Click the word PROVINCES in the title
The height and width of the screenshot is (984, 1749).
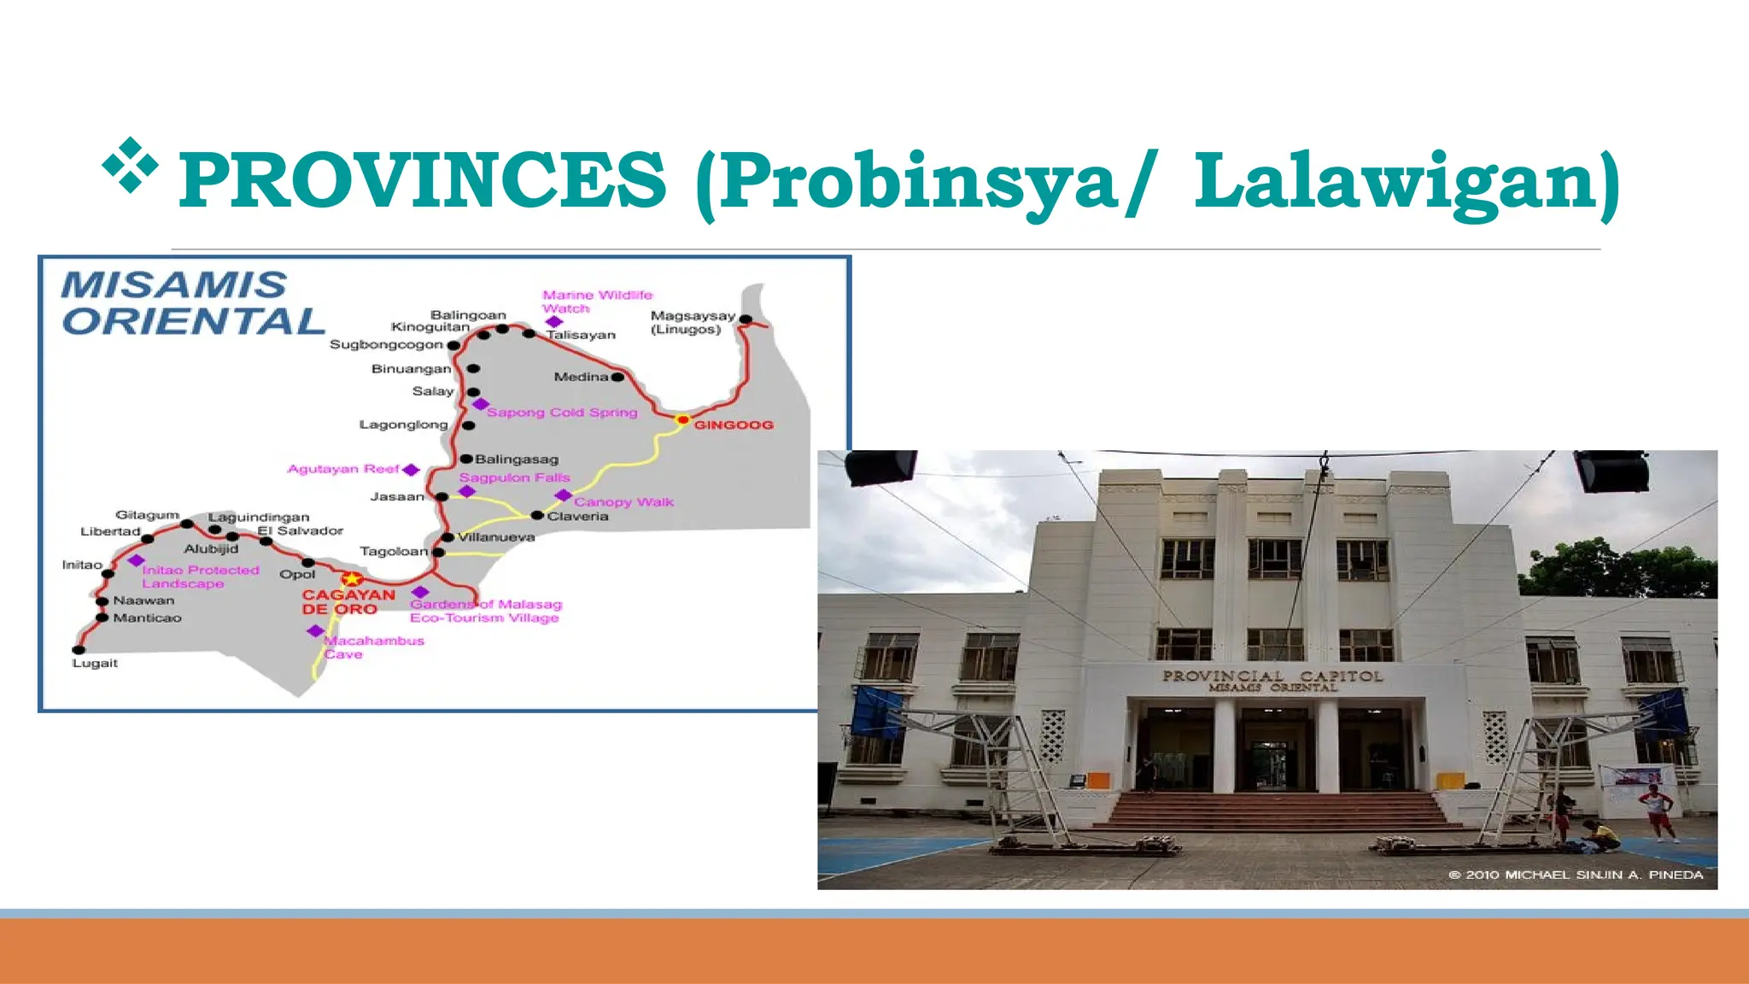(422, 179)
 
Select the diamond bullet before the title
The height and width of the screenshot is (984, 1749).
(131, 164)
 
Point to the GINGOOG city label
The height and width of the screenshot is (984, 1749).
(734, 425)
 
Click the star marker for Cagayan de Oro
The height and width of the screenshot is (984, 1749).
(352, 579)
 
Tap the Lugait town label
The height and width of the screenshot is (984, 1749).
(95, 664)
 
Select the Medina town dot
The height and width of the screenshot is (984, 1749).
(617, 377)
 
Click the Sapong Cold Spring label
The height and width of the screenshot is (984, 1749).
(562, 413)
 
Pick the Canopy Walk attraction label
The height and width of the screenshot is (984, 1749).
(623, 502)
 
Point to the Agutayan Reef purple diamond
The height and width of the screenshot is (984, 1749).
(411, 470)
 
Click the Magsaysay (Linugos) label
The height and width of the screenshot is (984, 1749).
(692, 322)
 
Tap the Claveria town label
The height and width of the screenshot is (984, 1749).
(578, 517)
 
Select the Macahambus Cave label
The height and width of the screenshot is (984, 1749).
(374, 647)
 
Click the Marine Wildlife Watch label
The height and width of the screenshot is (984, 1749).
(597, 302)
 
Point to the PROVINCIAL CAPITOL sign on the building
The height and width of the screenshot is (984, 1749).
(1272, 680)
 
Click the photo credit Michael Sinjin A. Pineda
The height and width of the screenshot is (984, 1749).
(1576, 875)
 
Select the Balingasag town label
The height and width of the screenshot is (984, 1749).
(517, 460)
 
